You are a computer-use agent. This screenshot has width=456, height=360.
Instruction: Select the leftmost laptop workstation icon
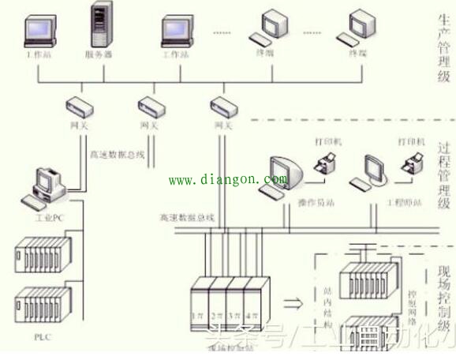click(x=40, y=30)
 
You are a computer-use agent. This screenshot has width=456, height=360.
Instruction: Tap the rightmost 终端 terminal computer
click(x=357, y=28)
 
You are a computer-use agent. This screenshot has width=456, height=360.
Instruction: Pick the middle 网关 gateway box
click(x=150, y=106)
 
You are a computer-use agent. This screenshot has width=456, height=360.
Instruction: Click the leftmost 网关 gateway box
click(x=78, y=106)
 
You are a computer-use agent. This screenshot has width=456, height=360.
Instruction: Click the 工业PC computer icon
click(x=48, y=186)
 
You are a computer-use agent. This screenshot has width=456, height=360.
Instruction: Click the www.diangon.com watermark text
click(x=228, y=180)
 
